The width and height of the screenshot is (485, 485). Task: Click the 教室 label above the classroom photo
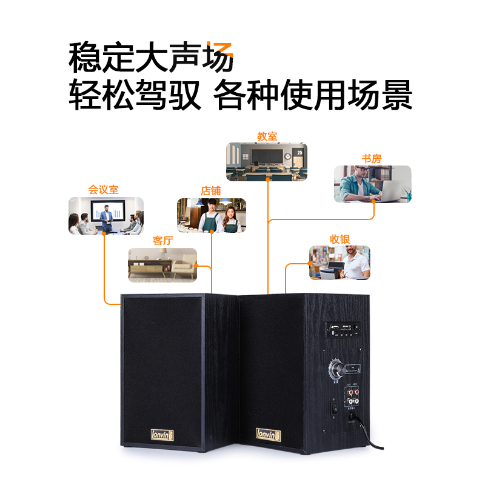pos(267,136)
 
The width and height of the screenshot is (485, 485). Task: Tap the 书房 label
pos(372,159)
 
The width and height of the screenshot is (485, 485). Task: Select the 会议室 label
pos(104,190)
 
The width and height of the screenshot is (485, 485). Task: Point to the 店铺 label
pos(211,191)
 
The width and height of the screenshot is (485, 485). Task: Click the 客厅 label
pos(162,241)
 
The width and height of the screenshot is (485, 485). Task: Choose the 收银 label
pos(339,239)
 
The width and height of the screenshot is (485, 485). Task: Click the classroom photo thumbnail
pos(267,162)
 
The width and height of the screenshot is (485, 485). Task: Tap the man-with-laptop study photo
pos(372,184)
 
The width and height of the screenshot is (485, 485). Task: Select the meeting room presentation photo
pos(106,215)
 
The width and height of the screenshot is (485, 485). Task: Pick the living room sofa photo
pos(162,265)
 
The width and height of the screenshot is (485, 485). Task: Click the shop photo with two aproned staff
pos(212,216)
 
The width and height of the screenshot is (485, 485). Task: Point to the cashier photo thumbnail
pos(339,263)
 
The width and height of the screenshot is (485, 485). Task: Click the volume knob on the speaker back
pos(335,367)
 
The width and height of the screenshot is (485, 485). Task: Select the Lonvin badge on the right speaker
pos(266,435)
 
